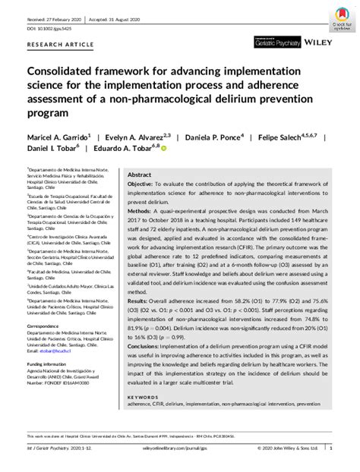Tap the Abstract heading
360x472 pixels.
(x=139, y=174)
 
